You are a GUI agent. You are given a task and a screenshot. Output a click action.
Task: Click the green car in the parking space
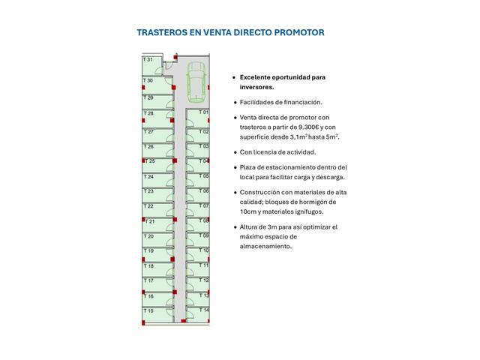(x=195, y=81)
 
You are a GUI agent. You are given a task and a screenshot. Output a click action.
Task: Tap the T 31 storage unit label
(x=148, y=59)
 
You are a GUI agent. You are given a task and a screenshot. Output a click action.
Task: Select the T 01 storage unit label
(x=203, y=112)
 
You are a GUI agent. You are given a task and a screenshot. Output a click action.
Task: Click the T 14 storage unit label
(x=203, y=310)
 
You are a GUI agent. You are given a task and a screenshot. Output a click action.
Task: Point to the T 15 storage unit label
(x=148, y=310)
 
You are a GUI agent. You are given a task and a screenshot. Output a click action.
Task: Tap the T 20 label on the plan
(x=148, y=236)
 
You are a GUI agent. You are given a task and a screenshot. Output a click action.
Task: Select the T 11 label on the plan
(x=203, y=265)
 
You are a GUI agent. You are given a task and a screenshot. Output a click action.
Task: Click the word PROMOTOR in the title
(x=298, y=33)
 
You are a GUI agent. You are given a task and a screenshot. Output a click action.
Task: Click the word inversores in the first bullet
(x=259, y=86)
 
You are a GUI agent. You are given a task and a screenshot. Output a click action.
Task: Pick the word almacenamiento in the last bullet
(x=265, y=246)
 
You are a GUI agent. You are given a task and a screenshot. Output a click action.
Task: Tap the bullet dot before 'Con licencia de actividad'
(x=234, y=152)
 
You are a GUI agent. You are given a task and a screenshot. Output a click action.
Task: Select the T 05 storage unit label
(x=203, y=176)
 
